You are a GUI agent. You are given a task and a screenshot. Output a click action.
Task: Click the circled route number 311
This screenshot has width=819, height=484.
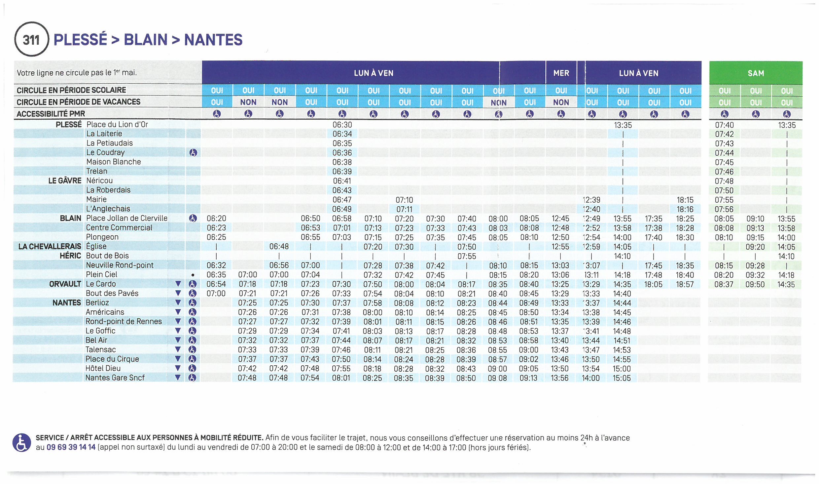tap(31, 40)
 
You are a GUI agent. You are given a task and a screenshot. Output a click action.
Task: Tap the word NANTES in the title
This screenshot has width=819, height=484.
tap(213, 40)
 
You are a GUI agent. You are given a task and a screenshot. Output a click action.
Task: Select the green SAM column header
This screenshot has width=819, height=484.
tap(756, 73)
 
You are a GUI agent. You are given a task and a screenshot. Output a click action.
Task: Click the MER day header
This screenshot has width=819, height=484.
tap(561, 73)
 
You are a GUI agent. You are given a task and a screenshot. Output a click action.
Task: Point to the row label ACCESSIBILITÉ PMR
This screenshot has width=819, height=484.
tap(51, 114)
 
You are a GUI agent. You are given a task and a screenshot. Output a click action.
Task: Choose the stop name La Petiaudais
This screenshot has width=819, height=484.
tap(109, 143)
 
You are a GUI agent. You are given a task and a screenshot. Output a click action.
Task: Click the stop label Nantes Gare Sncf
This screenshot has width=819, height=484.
tap(115, 378)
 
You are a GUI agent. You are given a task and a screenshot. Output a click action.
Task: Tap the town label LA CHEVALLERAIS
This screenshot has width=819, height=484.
tap(50, 246)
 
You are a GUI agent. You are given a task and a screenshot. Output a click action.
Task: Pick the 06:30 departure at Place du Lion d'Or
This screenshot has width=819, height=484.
tap(342, 125)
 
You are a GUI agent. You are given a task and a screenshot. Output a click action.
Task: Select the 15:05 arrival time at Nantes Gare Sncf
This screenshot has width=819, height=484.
tap(622, 378)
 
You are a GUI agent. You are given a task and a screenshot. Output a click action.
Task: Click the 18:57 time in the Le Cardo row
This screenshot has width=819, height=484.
tap(685, 284)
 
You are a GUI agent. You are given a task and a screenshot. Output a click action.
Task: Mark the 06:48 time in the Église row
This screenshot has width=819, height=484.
tap(279, 247)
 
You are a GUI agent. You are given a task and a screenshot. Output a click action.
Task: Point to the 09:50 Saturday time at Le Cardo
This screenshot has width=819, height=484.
tap(755, 284)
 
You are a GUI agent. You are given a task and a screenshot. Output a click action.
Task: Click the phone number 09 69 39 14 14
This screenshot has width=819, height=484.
tap(71, 447)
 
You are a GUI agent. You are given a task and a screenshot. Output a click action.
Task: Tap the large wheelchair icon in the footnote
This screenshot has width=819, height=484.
tap(22, 442)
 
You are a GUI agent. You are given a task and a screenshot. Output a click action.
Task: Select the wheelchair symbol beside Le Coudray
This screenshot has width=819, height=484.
tap(193, 153)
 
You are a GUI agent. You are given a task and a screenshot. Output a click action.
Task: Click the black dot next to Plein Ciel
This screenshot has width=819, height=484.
tap(193, 275)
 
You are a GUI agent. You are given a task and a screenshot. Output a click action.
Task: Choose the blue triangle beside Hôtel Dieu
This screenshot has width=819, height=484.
tap(178, 368)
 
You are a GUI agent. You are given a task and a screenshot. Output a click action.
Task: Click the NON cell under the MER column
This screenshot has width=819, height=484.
tap(561, 102)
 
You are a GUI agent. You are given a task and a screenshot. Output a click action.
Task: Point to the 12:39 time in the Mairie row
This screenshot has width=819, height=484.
tap(591, 200)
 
